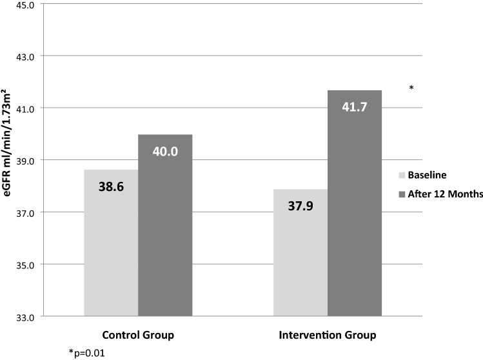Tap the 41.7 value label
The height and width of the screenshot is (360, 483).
click(355, 107)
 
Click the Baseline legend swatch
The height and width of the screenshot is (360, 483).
click(402, 175)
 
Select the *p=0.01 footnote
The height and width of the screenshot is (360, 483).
click(86, 353)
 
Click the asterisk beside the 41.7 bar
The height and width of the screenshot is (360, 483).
click(411, 87)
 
